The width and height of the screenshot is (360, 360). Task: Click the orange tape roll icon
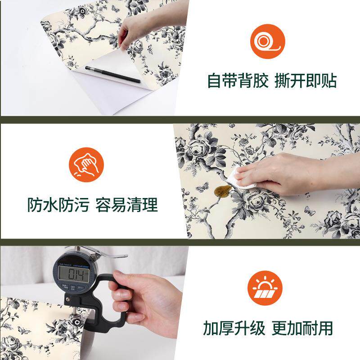click(268, 42)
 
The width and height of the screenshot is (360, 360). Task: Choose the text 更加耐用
click(302, 328)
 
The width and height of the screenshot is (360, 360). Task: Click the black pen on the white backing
click(113, 74)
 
